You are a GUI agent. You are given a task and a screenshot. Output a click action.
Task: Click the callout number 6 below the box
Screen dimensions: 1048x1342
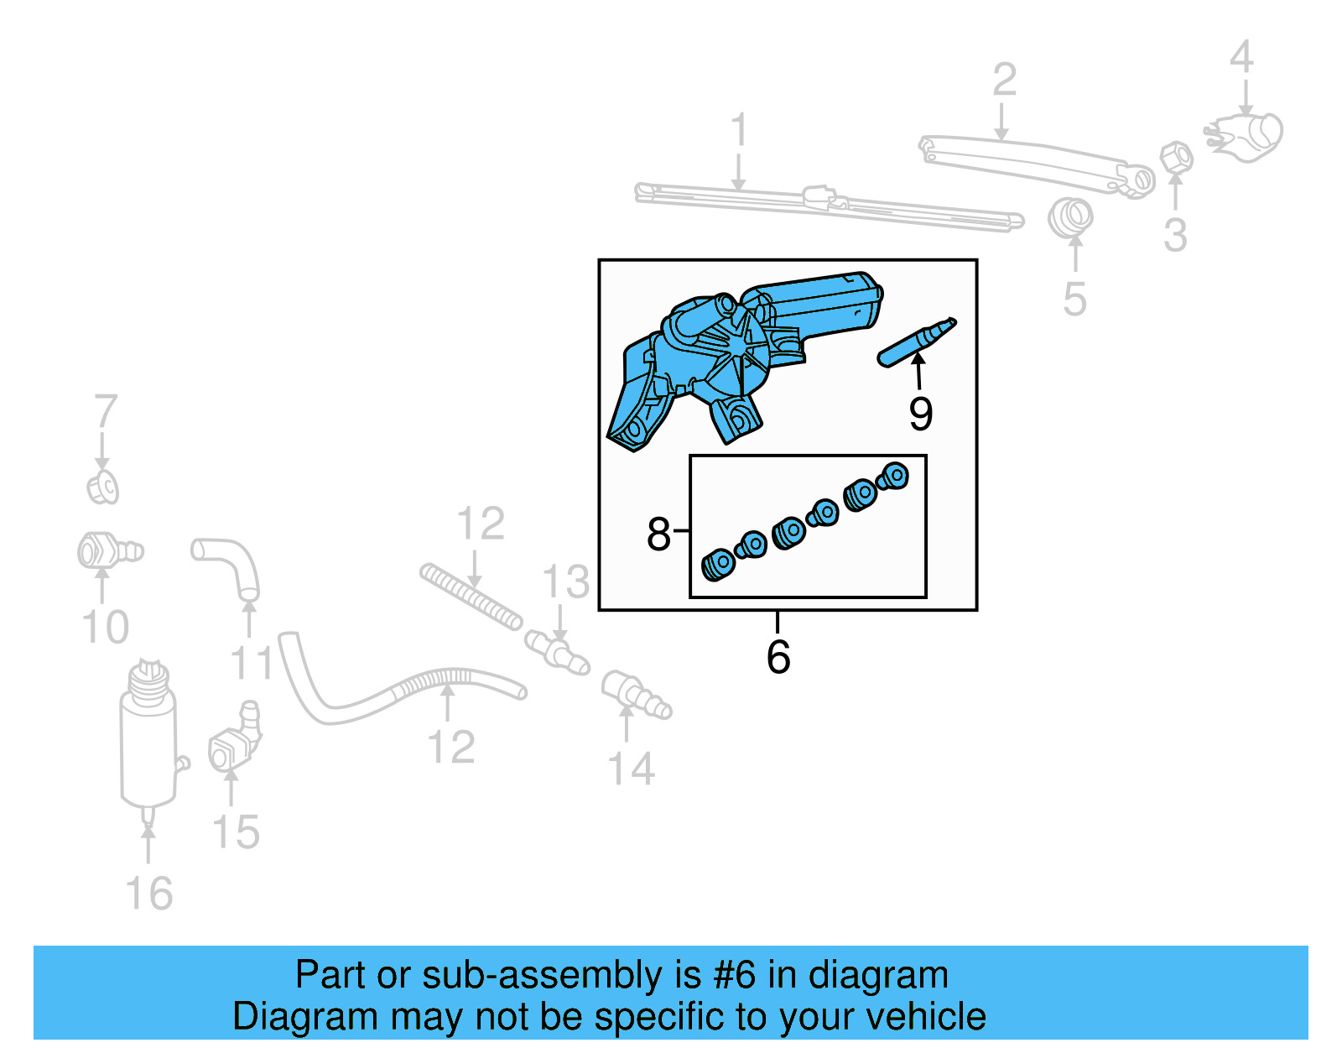[778, 656]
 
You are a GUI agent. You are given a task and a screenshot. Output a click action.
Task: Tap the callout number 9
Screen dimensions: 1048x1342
[920, 414]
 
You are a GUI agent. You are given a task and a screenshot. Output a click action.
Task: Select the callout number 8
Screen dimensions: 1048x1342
[658, 534]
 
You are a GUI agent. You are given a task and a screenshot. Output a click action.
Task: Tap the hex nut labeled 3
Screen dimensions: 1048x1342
[1176, 157]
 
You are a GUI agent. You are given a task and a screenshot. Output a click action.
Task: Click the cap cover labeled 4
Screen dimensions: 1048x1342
[1247, 135]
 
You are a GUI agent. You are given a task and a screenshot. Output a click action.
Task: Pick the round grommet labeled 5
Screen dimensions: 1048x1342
[1070, 217]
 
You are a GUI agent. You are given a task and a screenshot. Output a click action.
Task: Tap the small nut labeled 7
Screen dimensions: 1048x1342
[103, 488]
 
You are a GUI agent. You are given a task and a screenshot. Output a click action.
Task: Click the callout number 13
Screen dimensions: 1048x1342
[565, 581]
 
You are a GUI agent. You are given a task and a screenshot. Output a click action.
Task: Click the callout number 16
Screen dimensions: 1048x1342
[149, 894]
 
